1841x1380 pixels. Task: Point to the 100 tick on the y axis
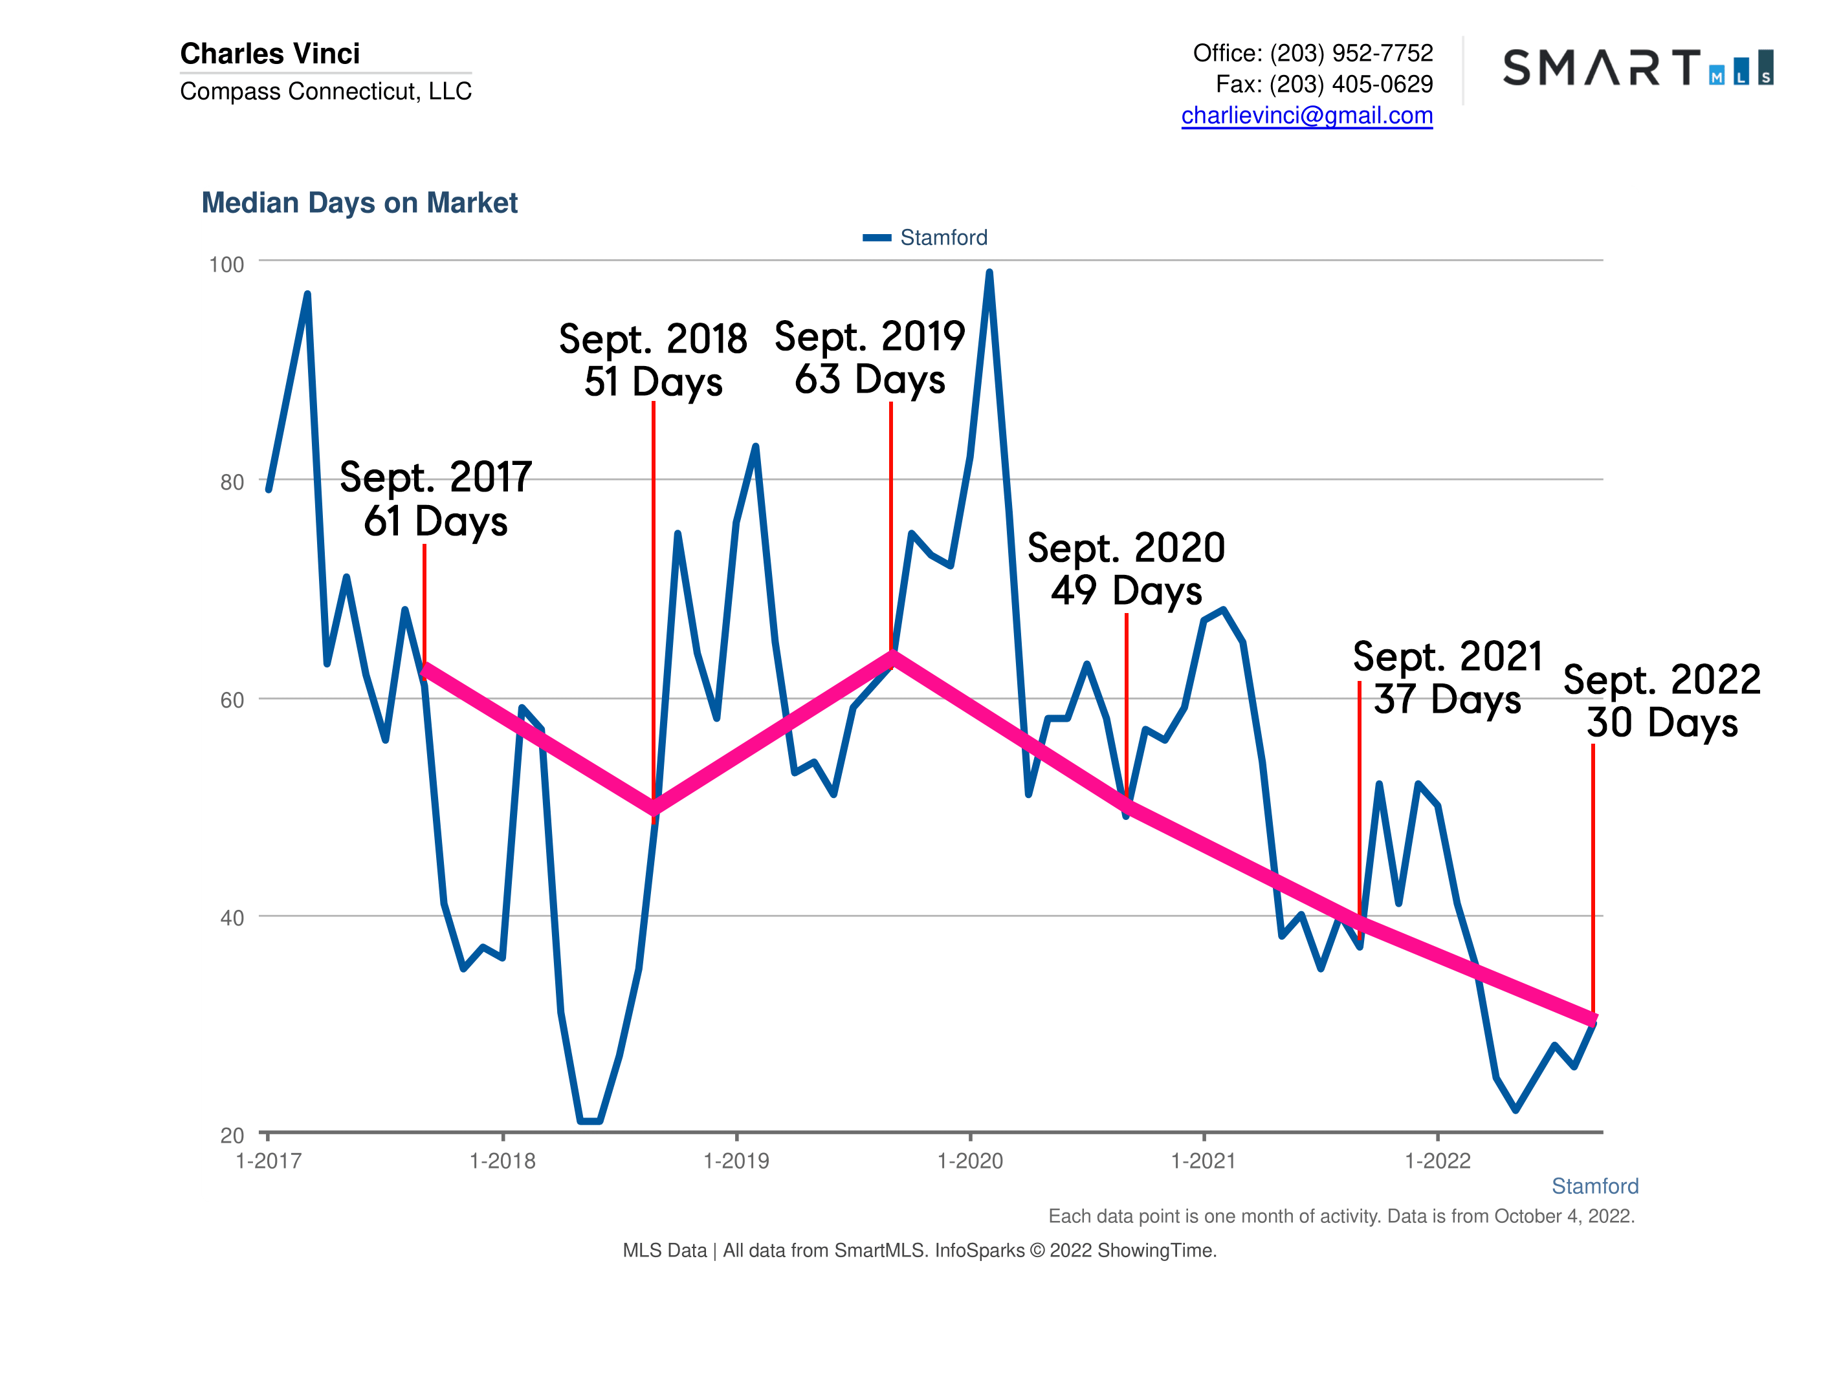(x=226, y=264)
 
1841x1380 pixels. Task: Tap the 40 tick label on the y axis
(x=232, y=918)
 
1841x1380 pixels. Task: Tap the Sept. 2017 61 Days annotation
(x=435, y=499)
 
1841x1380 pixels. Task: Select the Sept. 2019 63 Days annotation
(x=870, y=358)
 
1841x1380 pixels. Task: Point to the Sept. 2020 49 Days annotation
(x=1125, y=569)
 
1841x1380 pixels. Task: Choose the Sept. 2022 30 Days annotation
(x=1661, y=700)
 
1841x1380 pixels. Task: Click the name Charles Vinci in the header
(x=270, y=54)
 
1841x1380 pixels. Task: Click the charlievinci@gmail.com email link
(x=1306, y=116)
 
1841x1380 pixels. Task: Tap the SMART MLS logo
(x=1637, y=67)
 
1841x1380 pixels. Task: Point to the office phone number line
(x=1312, y=53)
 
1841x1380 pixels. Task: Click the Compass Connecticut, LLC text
(x=325, y=91)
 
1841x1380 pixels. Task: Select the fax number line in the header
(x=1323, y=84)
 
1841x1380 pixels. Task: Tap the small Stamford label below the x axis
(x=1594, y=1186)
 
